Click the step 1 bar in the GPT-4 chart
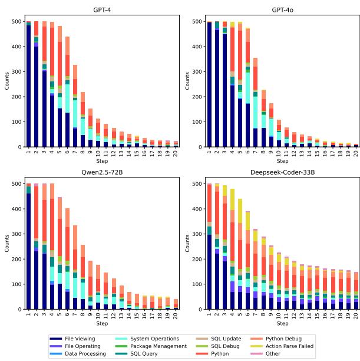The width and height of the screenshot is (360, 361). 28,84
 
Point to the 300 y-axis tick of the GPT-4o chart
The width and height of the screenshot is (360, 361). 199,71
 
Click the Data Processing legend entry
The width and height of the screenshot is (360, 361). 86,353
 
